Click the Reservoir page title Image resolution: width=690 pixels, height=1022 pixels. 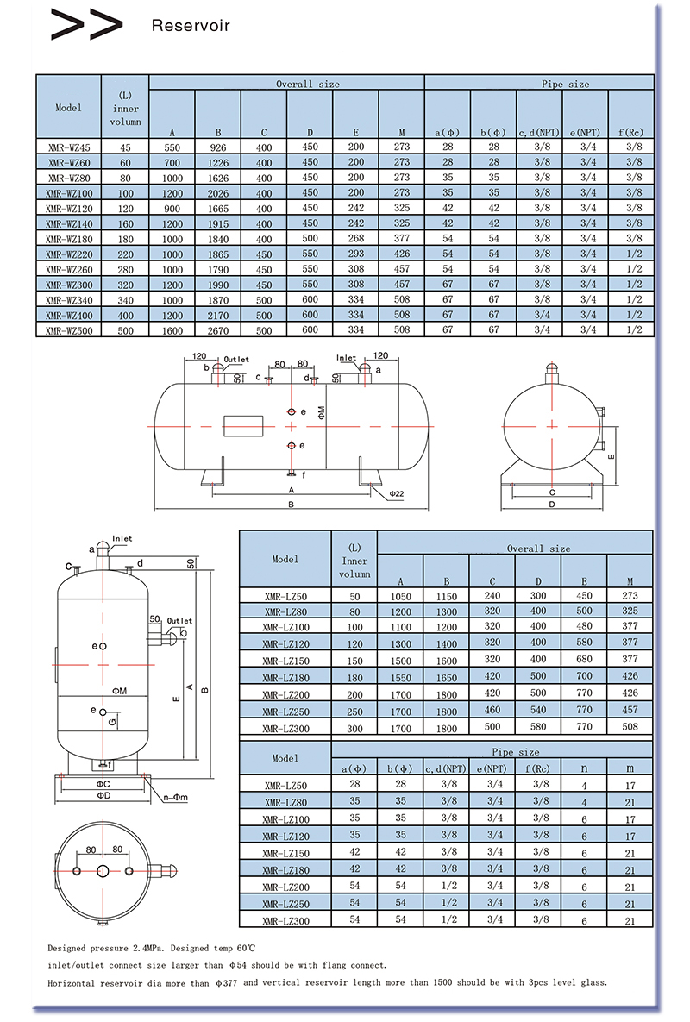pos(191,26)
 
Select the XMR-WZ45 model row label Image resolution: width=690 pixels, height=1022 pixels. pos(67,147)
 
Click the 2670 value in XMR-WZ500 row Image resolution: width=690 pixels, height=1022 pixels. pos(218,330)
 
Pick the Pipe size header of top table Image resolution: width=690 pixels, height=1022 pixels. pos(565,85)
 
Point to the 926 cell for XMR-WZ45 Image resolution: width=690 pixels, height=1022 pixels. pos(218,147)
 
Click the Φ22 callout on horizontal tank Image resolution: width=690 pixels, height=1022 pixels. pos(396,494)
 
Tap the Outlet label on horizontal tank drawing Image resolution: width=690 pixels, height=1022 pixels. pos(235,360)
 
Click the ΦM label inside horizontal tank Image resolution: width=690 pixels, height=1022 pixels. pos(320,411)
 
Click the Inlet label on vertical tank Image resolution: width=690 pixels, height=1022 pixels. pos(122,538)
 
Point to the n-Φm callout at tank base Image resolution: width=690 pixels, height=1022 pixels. pos(173,795)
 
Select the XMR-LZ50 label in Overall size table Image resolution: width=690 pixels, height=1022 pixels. pos(285,597)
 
